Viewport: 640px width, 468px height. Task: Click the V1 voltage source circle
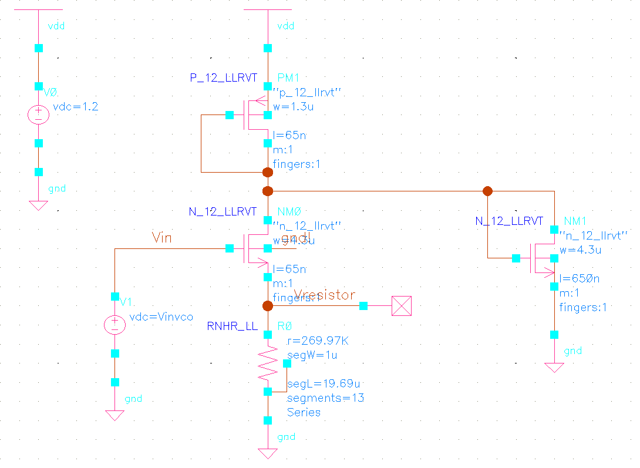click(114, 325)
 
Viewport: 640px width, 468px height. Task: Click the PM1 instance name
click(288, 78)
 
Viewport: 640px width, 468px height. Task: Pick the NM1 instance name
click(575, 221)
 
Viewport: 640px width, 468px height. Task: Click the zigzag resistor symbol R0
click(268, 363)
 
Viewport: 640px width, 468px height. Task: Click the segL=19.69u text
click(323, 383)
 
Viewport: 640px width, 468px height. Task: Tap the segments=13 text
click(325, 398)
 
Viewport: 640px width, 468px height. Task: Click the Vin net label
click(163, 237)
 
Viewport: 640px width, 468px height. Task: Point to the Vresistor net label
click(324, 295)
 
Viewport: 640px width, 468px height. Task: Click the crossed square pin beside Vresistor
click(402, 306)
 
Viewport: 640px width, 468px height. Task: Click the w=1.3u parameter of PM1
click(289, 107)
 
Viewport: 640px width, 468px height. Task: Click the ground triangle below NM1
click(554, 368)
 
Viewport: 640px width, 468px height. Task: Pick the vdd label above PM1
click(285, 26)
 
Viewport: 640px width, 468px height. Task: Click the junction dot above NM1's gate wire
click(487, 191)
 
